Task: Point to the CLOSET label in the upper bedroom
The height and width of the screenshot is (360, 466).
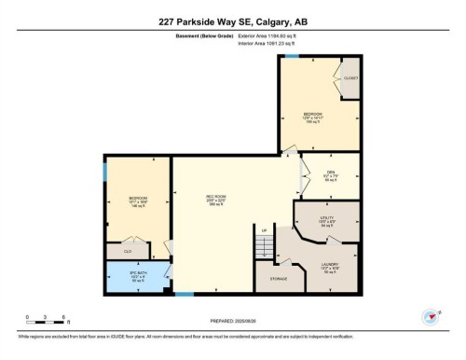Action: tap(350, 78)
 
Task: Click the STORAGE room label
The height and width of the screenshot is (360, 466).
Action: tap(279, 279)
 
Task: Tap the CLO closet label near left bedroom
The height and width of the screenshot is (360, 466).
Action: tap(128, 250)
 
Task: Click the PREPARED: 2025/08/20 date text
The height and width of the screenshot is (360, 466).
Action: tap(233, 322)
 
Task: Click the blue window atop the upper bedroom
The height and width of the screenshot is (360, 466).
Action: tap(292, 56)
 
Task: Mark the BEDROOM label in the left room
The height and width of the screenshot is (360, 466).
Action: tap(138, 199)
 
